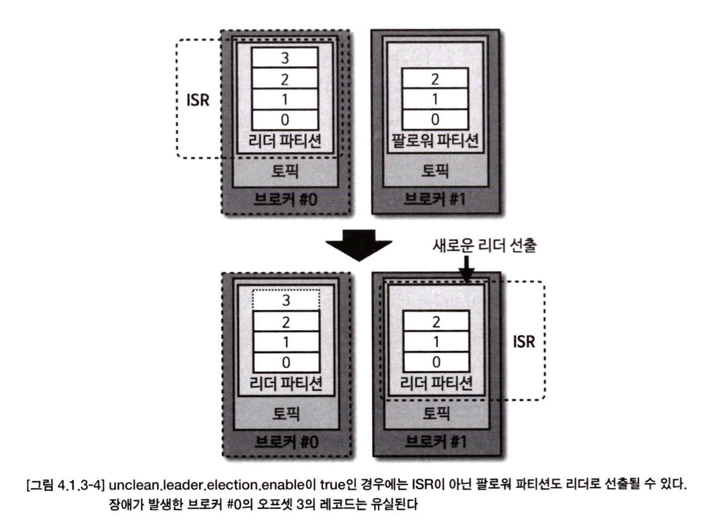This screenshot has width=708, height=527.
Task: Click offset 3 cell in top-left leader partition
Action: coord(284,58)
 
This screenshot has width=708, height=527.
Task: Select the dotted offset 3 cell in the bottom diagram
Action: coord(286,300)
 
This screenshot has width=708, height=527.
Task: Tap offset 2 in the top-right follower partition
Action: coord(435,79)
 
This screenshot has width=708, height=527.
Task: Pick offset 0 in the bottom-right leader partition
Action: coord(436,362)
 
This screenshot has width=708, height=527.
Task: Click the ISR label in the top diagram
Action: coord(197,100)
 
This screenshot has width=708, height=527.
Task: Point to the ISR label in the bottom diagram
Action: coord(524,341)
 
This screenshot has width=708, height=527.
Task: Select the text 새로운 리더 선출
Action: coord(484,246)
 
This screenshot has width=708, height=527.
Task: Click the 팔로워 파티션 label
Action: coord(435,141)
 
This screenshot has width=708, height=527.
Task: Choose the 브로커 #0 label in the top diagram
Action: coord(285,199)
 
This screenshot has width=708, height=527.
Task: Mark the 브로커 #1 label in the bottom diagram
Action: coord(435,442)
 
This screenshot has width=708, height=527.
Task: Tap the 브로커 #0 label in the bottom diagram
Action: coord(286,442)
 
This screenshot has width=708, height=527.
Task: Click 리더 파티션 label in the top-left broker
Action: coord(284,141)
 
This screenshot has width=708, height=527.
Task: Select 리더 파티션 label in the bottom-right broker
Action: coord(436,383)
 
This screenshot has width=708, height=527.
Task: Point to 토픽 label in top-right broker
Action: coord(435,171)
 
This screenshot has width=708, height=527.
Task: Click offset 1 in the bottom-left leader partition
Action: coord(286,342)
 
